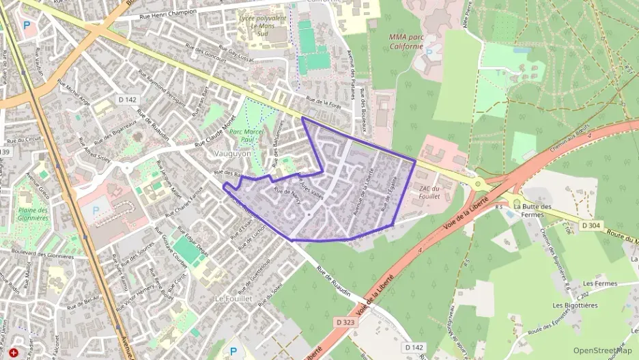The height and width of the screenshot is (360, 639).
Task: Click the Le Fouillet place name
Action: [234, 299]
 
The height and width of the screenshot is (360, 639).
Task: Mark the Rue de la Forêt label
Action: [324, 102]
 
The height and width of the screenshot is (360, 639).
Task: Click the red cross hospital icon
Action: [12, 352]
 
